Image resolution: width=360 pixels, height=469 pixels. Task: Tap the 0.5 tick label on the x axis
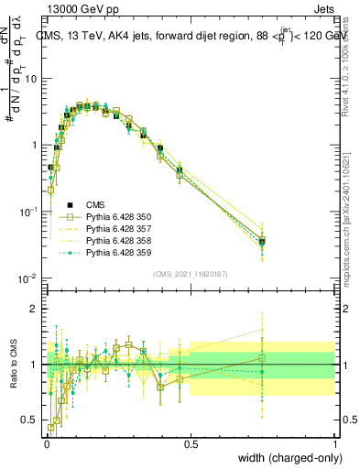191,444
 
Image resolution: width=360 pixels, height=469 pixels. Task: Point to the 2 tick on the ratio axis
35,309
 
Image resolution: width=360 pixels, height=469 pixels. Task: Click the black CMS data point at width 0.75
262,242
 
